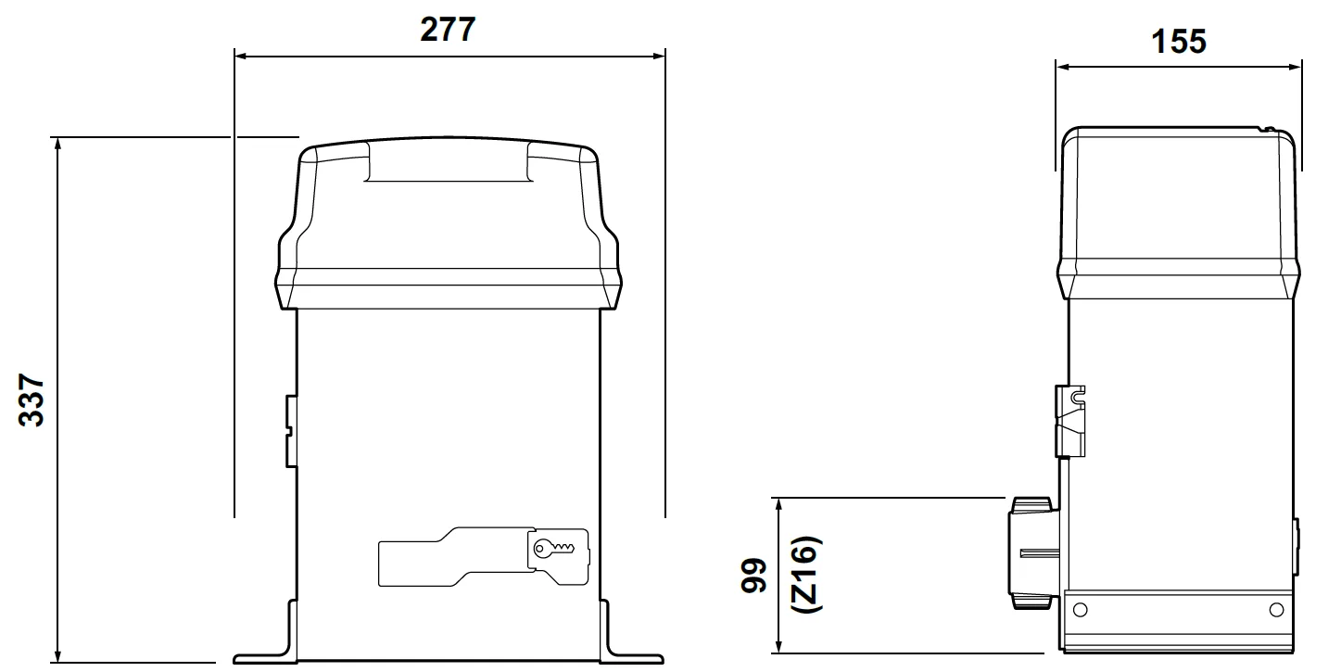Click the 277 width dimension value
pos(448,29)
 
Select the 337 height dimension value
pos(32,400)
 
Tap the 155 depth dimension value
pos(1179,42)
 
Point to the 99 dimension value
pos(753,576)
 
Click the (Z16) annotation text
pos(806,575)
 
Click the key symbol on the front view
pos(553,548)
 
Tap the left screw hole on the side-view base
pos(1080,610)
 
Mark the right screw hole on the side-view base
pos(1276,610)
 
